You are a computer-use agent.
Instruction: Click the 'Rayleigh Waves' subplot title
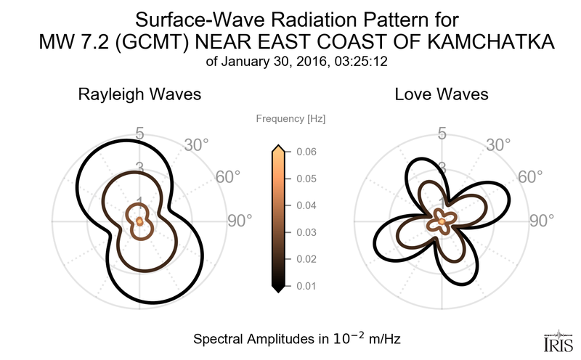click(x=139, y=95)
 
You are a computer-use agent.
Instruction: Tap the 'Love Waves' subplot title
click(x=441, y=95)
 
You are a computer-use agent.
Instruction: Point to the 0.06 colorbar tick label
click(x=306, y=152)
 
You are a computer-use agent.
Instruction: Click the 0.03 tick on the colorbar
click(x=306, y=232)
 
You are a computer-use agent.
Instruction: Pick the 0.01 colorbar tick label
click(x=306, y=286)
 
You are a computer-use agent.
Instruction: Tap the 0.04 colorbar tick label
click(x=306, y=205)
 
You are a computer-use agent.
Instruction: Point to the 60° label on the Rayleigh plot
click(x=229, y=177)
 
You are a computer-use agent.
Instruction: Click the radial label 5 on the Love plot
click(x=442, y=134)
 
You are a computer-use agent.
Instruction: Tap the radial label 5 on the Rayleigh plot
click(x=139, y=134)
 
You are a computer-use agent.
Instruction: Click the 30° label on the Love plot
click(x=498, y=145)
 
